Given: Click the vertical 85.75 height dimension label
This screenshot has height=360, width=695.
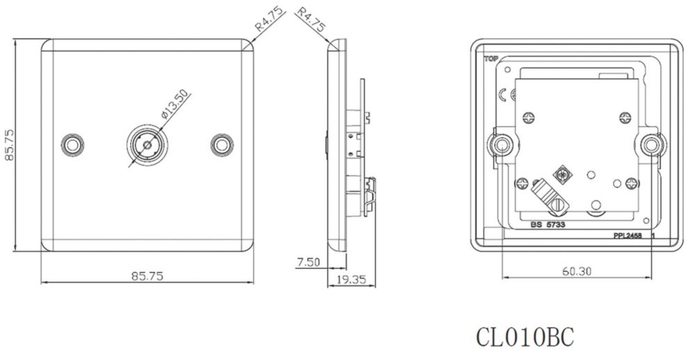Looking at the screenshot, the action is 9,145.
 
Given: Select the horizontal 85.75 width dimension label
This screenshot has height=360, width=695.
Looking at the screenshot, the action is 147,276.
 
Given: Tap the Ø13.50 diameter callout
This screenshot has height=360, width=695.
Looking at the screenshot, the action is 174,105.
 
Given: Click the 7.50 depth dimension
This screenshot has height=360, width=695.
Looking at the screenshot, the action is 309,262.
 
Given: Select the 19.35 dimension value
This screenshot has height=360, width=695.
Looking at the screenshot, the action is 351,279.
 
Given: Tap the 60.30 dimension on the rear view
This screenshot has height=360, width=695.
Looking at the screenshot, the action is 577,271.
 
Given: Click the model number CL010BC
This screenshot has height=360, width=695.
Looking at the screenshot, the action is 525,337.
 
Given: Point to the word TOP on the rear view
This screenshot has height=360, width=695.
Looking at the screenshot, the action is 491,58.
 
